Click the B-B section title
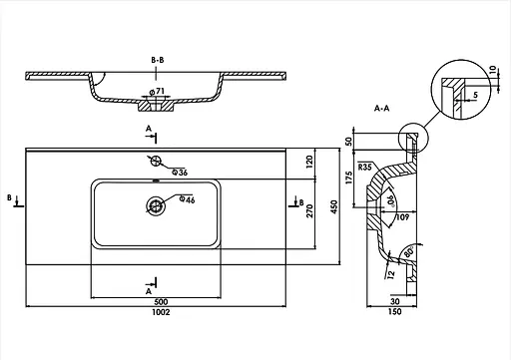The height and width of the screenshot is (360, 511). pyautogui.click(x=158, y=60)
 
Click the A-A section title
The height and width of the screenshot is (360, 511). pyautogui.click(x=381, y=108)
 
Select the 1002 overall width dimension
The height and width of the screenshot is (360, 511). pyautogui.click(x=161, y=312)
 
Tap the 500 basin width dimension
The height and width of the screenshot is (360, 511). pyautogui.click(x=161, y=302)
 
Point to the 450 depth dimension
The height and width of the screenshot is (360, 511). pyautogui.click(x=334, y=206)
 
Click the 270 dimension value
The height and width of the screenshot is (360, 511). pyautogui.click(x=309, y=211)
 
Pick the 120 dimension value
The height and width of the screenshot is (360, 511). pyautogui.click(x=309, y=162)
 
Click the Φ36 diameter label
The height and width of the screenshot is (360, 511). pyautogui.click(x=180, y=173)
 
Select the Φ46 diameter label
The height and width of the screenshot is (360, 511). pyautogui.click(x=187, y=199)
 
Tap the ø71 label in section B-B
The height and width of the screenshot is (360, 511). pyautogui.click(x=157, y=91)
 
